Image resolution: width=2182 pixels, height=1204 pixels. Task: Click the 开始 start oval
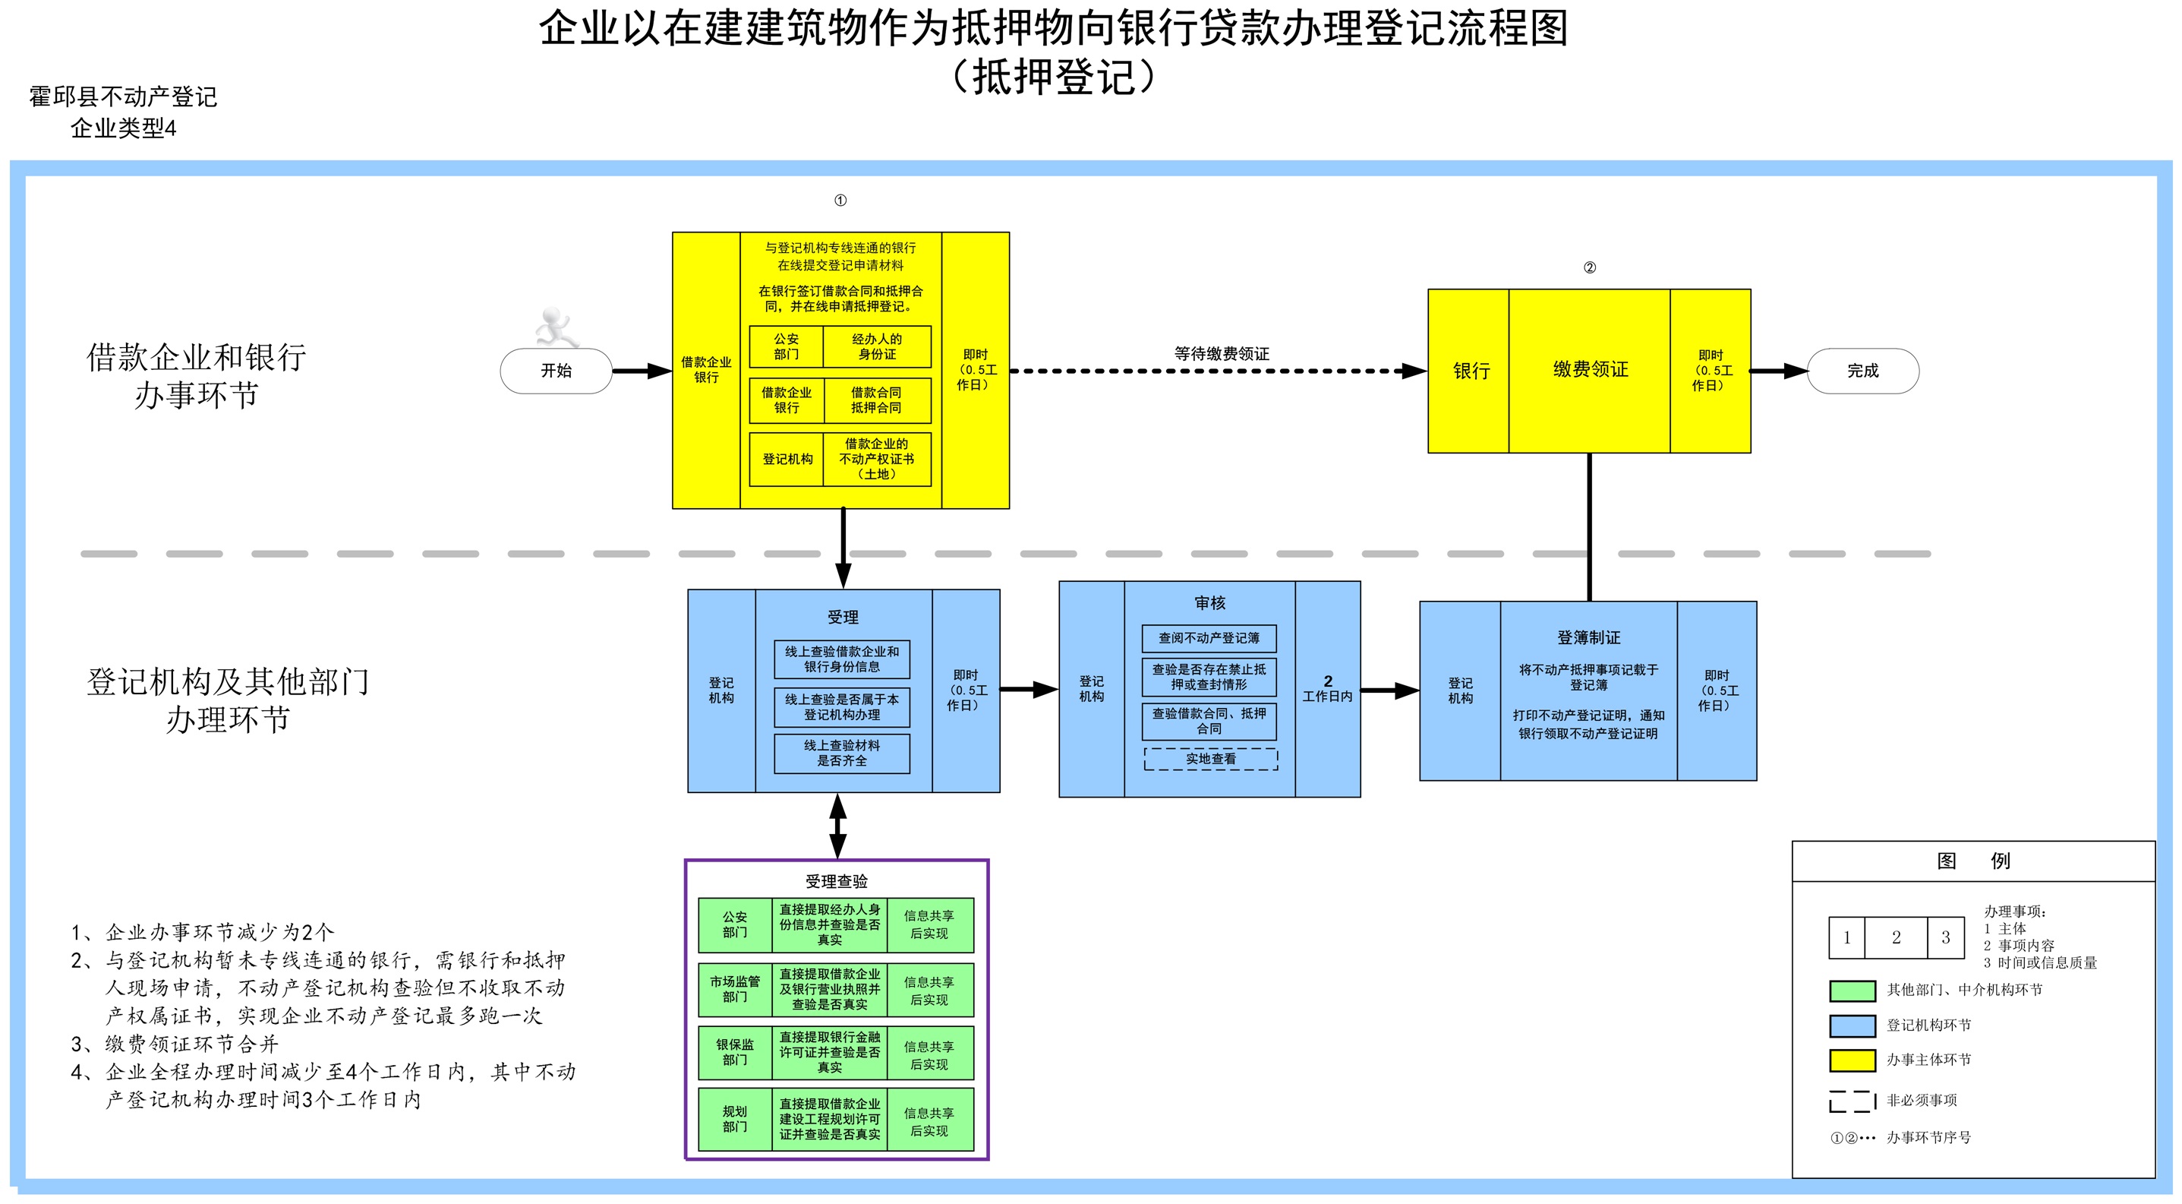(x=556, y=370)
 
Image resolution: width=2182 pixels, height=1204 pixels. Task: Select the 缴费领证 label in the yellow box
(x=1590, y=369)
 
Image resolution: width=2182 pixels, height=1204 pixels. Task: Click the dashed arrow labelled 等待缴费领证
(x=1218, y=370)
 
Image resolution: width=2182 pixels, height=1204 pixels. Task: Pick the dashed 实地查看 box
(x=1210, y=758)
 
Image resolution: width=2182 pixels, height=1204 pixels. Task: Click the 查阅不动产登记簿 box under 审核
(x=1209, y=638)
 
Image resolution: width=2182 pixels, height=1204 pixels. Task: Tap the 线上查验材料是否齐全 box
(x=842, y=754)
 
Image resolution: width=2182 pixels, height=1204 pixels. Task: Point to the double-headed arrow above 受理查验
(x=837, y=826)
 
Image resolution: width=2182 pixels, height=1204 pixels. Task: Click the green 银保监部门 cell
(x=734, y=1052)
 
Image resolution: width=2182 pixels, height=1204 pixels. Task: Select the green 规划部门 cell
(x=734, y=1118)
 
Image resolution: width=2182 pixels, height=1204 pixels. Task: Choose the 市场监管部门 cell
(x=734, y=989)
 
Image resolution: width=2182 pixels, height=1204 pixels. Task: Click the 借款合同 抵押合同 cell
(x=877, y=400)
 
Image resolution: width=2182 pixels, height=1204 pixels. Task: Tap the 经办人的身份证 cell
(x=877, y=346)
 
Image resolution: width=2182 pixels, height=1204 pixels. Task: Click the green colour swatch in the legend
(x=1852, y=991)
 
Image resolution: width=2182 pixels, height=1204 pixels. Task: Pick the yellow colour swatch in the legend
(x=1852, y=1060)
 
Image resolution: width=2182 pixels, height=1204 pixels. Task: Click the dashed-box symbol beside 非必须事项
(x=1852, y=1101)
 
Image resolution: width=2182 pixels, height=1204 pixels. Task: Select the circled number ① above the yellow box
(x=840, y=200)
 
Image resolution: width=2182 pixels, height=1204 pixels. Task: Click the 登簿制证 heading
(x=1588, y=637)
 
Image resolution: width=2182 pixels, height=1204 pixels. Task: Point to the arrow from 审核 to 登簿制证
(x=1390, y=690)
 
